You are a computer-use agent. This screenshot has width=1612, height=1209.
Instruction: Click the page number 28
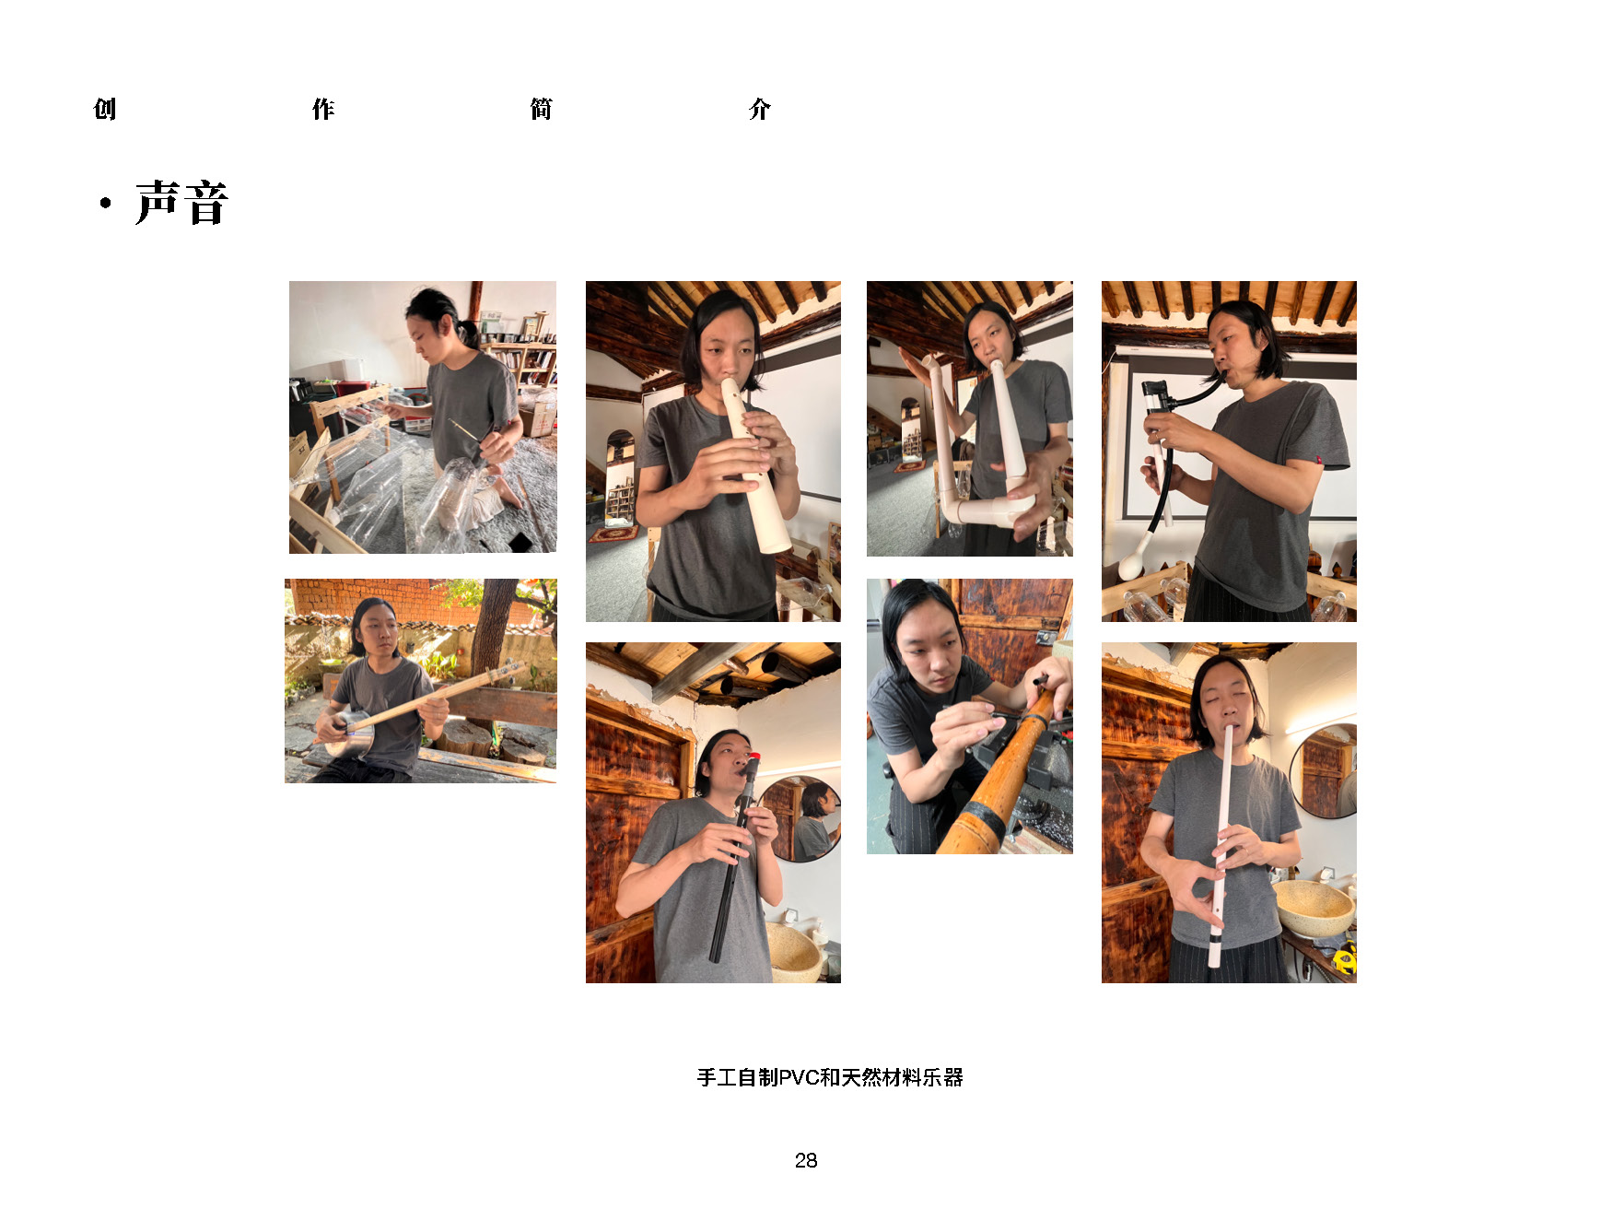tap(806, 1160)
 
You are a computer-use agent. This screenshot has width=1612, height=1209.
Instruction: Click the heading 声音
tap(181, 203)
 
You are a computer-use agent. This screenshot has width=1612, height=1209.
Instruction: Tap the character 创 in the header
tap(105, 109)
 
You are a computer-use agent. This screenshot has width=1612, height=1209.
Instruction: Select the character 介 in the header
tap(759, 109)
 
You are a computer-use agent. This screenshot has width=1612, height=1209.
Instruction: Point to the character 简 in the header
tap(541, 109)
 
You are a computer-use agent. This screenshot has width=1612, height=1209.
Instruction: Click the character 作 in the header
tap(322, 109)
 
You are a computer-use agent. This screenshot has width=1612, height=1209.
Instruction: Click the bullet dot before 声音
tap(106, 203)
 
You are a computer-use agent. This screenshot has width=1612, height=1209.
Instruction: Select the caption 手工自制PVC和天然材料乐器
tap(830, 1077)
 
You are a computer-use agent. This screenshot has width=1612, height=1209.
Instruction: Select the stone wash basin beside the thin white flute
tap(1314, 908)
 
